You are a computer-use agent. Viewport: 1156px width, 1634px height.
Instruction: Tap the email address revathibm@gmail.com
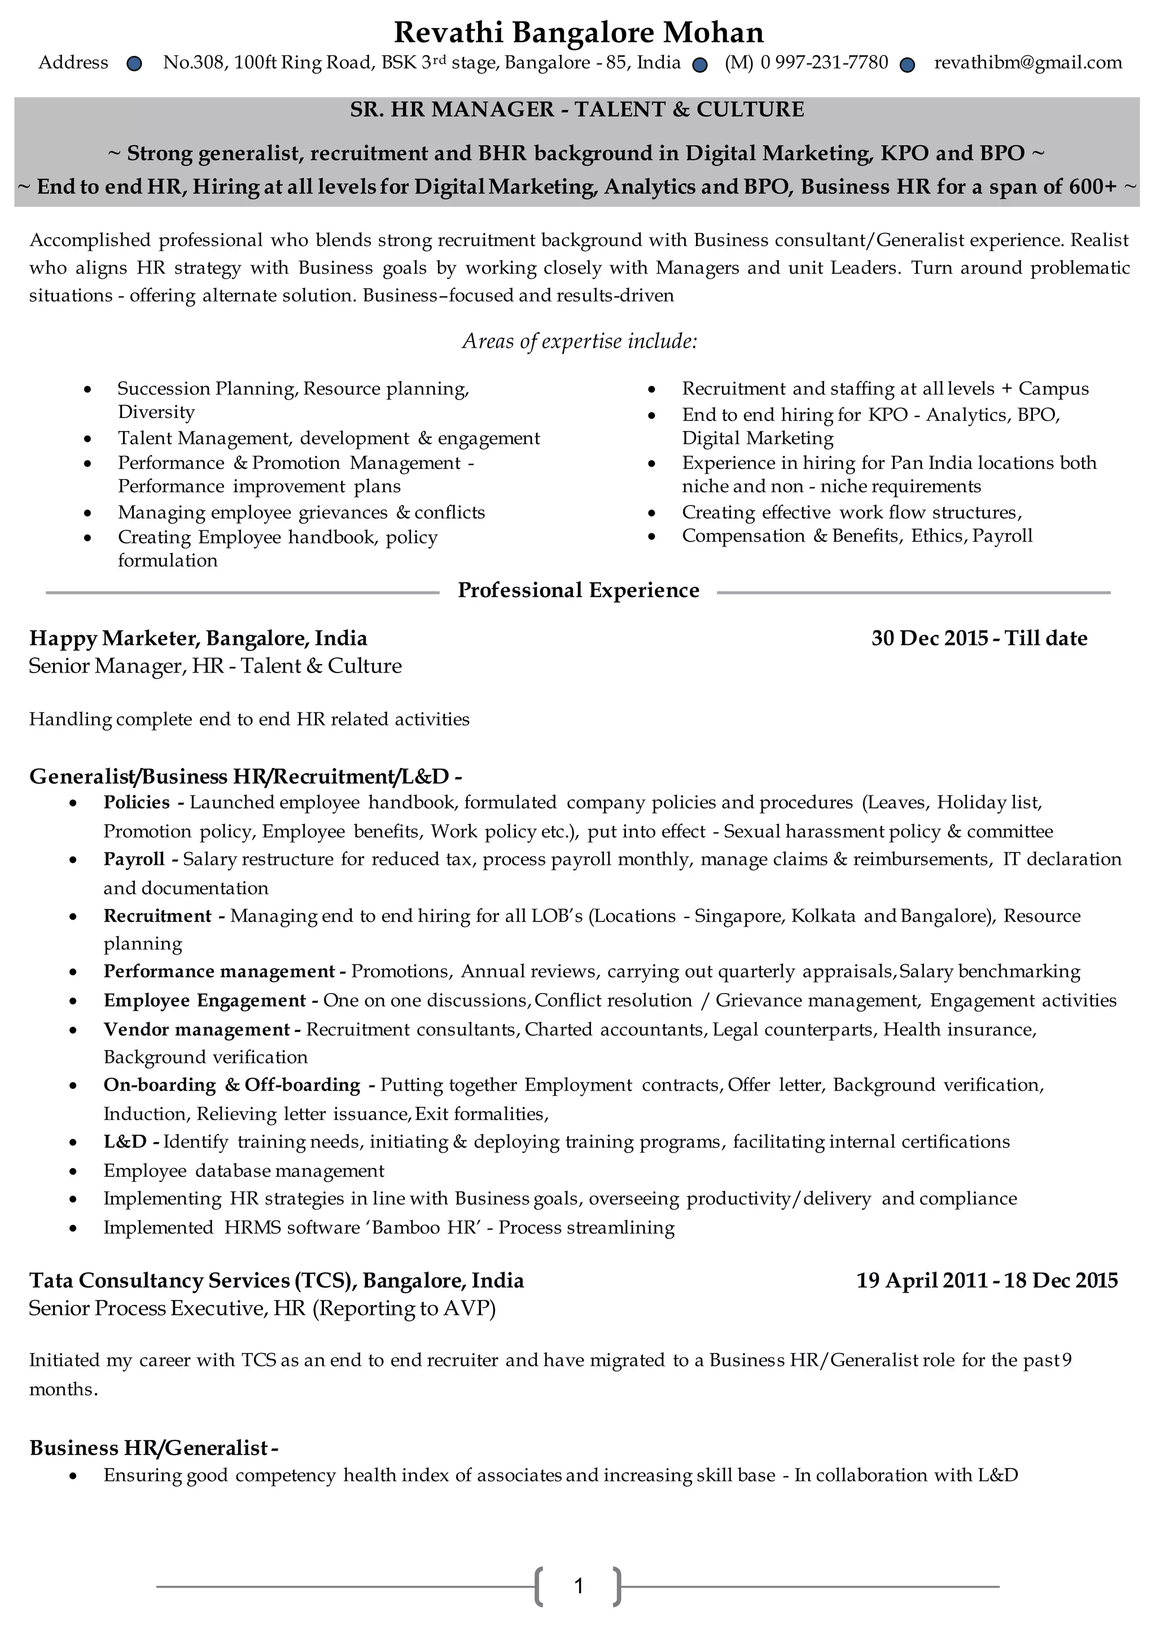point(1028,63)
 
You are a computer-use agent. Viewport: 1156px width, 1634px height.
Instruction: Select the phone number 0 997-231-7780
point(824,63)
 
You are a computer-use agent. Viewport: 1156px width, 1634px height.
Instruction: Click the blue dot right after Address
point(134,65)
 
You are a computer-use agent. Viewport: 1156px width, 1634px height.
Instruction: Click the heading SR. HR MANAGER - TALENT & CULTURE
point(577,109)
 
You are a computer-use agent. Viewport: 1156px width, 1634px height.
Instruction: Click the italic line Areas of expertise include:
point(580,341)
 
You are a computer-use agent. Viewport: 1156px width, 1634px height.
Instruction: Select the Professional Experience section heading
point(578,591)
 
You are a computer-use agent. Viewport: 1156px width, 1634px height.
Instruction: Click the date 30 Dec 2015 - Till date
point(979,638)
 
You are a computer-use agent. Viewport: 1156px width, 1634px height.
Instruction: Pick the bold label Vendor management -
point(202,1029)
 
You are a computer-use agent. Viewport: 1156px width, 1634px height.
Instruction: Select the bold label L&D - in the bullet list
point(131,1141)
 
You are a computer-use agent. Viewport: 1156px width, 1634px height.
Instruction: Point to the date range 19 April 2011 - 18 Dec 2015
point(987,1280)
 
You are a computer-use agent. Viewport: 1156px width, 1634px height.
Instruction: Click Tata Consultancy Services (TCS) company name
point(192,1280)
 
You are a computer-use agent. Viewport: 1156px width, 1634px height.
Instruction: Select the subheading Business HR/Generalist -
point(153,1448)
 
